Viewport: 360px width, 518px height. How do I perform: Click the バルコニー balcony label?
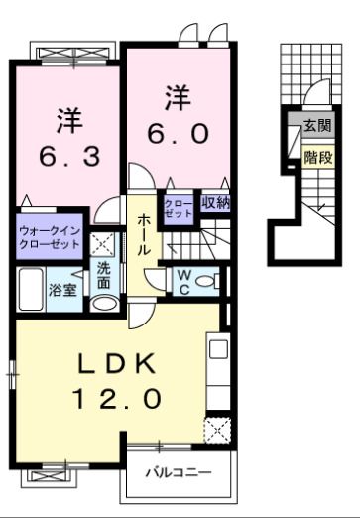(180, 472)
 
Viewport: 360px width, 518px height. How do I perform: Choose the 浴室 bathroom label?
(61, 291)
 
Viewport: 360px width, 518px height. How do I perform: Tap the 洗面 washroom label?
(103, 274)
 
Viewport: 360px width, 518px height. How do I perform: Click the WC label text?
(183, 282)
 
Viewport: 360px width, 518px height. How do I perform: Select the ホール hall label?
(144, 235)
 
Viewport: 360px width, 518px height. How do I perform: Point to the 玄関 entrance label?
(316, 126)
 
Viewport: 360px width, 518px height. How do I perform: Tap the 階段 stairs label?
(316, 156)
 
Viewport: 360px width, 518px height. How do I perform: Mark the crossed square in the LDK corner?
(216, 429)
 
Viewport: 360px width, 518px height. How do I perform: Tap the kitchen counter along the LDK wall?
(217, 372)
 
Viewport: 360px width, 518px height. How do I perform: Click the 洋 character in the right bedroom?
(177, 98)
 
